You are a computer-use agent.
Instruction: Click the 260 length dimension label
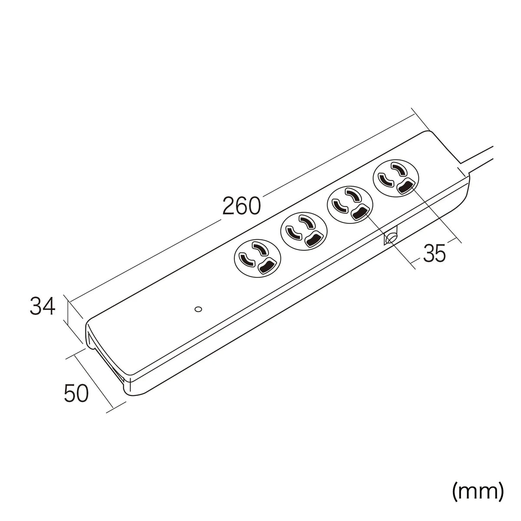[241, 206]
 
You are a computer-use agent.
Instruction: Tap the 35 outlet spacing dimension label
[434, 253]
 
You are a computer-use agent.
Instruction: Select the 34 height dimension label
[43, 306]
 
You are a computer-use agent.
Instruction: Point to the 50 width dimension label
[76, 393]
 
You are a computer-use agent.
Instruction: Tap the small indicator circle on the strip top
[198, 309]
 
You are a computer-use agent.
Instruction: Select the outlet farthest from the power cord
[257, 258]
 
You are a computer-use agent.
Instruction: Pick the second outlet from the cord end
[350, 204]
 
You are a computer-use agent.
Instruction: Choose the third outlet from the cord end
[304, 231]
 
